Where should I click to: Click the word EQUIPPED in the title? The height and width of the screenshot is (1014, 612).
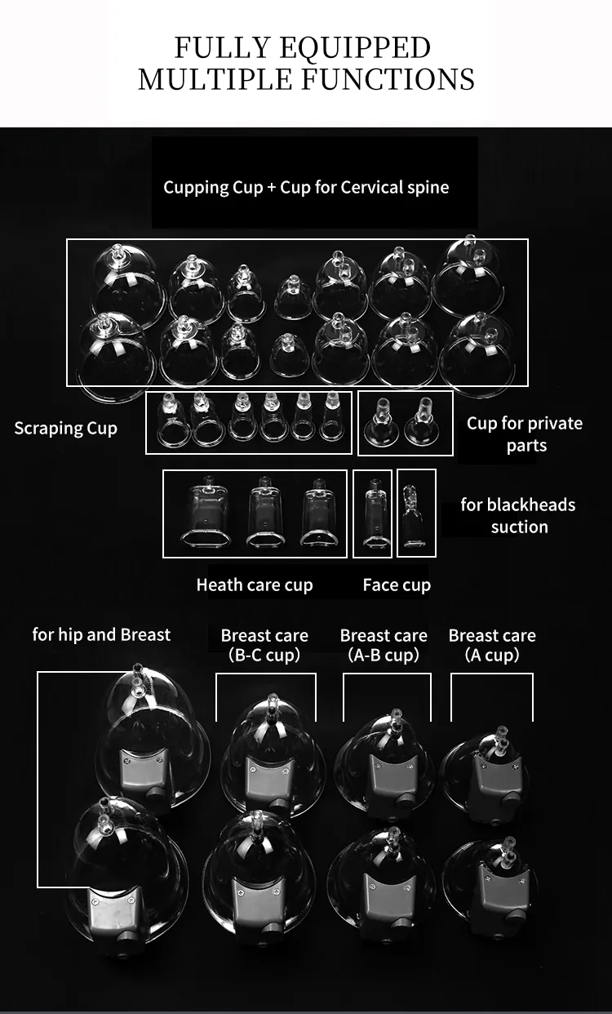tap(355, 48)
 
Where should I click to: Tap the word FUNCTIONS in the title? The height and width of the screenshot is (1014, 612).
tap(388, 79)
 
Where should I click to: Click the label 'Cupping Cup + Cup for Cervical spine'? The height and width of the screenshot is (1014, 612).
tap(306, 188)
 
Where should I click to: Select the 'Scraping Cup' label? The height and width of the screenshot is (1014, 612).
tap(65, 429)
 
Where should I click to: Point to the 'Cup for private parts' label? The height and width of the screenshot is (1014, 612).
tap(525, 434)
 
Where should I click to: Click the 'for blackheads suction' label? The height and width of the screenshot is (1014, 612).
tap(518, 516)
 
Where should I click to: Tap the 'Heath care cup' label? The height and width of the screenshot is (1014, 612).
tap(255, 585)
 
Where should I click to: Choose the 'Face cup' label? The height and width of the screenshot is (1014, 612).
tap(397, 585)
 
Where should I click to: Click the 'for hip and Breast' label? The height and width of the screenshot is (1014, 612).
tap(101, 634)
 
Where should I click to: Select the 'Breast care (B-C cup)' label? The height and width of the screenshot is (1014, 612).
tap(264, 645)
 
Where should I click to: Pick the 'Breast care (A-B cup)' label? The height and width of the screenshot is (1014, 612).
tap(384, 645)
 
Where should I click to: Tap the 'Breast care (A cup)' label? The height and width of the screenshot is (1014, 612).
tap(492, 645)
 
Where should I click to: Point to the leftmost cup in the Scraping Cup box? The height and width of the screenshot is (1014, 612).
tap(172, 420)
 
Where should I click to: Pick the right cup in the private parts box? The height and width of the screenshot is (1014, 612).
tap(422, 421)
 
